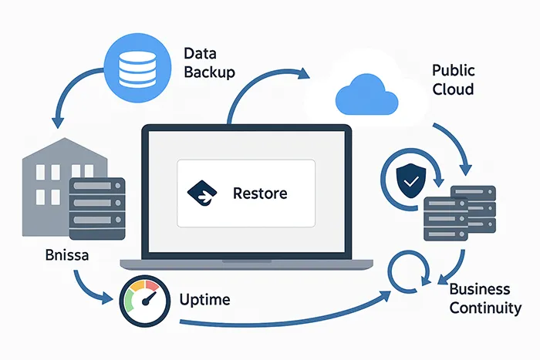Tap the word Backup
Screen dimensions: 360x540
(x=210, y=73)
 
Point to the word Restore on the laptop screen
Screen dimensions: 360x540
(x=260, y=193)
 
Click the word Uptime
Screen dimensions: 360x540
(x=205, y=299)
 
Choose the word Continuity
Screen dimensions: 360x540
(x=485, y=308)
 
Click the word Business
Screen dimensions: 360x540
(x=480, y=290)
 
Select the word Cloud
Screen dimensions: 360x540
(x=453, y=89)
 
